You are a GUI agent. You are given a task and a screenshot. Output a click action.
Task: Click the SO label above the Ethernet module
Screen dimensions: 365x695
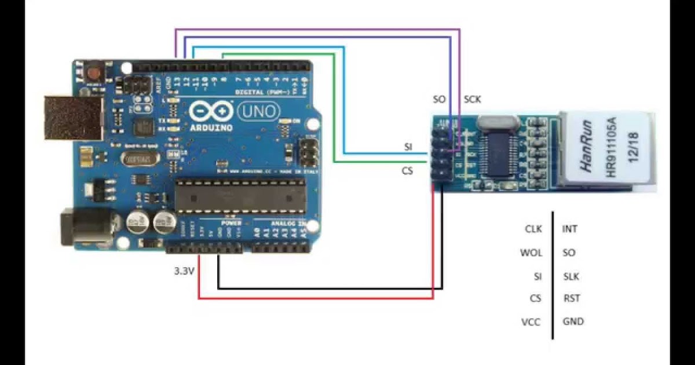pos(440,100)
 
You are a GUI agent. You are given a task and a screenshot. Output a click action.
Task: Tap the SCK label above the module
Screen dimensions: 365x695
pos(473,100)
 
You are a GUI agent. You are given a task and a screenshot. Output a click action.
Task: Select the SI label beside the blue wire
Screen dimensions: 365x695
pos(408,147)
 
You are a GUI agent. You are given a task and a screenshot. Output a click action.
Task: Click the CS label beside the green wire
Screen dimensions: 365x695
pos(407,171)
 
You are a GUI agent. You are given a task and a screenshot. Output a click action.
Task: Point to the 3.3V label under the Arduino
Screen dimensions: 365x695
pos(184,271)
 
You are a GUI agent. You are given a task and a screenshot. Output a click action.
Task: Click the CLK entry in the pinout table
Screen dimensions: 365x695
pos(533,229)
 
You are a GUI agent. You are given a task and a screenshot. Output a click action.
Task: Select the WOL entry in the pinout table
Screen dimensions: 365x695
pos(531,253)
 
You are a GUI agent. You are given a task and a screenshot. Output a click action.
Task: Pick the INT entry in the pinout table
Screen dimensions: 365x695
pos(570,229)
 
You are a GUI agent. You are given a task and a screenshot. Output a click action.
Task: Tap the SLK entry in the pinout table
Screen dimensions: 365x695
pos(571,276)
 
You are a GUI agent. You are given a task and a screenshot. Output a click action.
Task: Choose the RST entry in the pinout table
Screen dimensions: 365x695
pos(571,298)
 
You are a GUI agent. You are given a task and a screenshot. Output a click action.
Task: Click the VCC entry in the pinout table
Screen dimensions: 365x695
pos(531,322)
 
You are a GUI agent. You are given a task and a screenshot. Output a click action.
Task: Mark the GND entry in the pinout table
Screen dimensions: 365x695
pos(573,321)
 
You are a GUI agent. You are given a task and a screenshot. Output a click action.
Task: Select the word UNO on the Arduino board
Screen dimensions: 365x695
pos(259,111)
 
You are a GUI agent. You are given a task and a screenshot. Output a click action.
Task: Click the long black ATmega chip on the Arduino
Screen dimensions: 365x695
pos(240,195)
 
